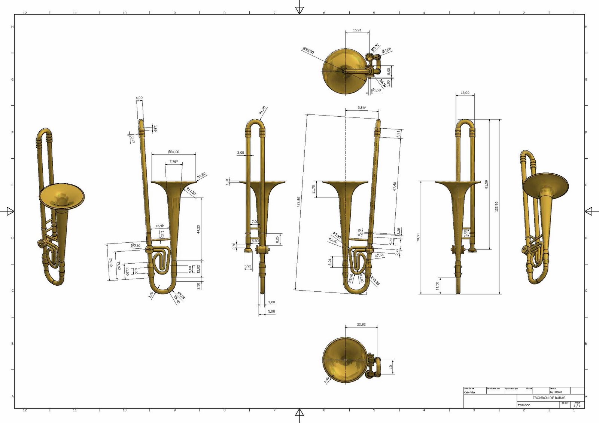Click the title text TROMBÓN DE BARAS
(x=549, y=398)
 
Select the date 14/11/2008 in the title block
(x=556, y=392)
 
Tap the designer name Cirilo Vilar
(x=469, y=392)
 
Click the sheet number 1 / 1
(x=577, y=406)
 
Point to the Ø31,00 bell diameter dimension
(x=173, y=152)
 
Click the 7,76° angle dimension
(x=173, y=162)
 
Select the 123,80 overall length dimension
(x=298, y=202)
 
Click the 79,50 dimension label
(x=418, y=237)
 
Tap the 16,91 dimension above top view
(x=357, y=30)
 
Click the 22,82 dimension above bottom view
(x=361, y=325)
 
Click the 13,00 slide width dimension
(x=465, y=93)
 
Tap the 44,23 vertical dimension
(x=198, y=229)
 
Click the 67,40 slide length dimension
(x=395, y=186)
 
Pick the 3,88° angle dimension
(x=362, y=108)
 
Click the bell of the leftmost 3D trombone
(x=62, y=196)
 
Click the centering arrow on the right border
(x=589, y=211)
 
